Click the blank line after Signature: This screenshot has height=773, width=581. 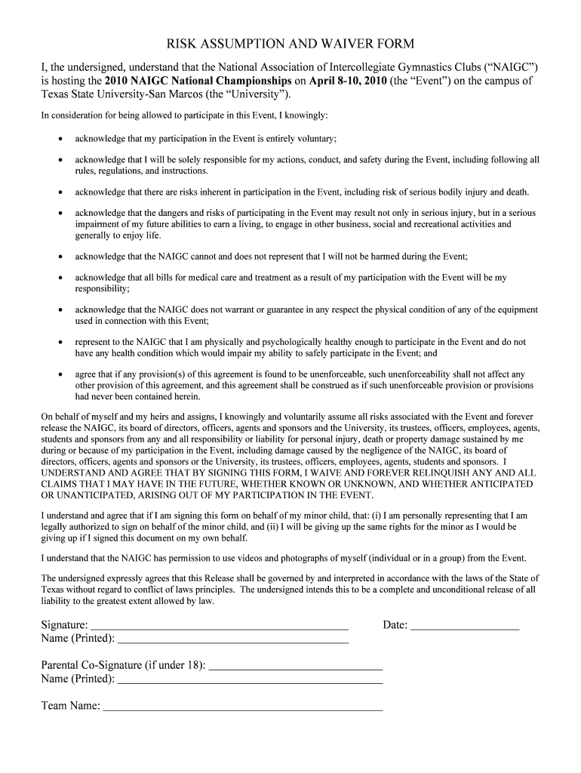(219, 626)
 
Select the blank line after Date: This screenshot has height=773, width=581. (465, 626)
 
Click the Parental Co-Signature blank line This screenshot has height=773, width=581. (295, 667)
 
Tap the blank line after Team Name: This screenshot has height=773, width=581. (242, 707)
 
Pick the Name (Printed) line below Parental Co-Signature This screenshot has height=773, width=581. (251, 680)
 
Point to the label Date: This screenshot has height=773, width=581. (395, 625)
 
